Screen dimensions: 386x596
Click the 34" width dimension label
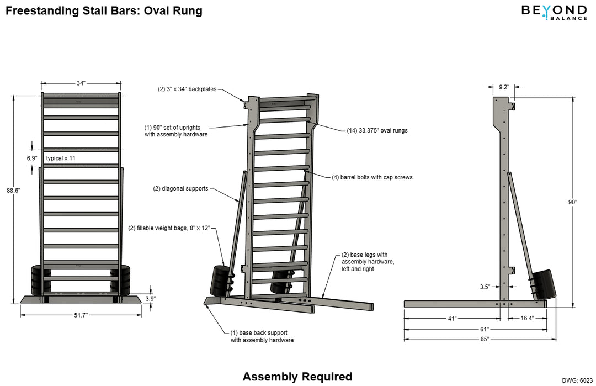(81, 83)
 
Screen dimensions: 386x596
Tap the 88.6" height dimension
(13, 191)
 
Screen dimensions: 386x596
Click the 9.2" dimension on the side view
(503, 87)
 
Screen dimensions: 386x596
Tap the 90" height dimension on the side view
(573, 203)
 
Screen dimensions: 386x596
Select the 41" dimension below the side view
(452, 319)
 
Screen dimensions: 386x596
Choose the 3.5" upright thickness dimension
(486, 287)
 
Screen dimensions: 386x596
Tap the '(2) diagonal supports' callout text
(180, 188)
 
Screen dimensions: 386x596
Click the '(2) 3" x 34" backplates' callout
(187, 88)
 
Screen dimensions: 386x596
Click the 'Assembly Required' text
(297, 377)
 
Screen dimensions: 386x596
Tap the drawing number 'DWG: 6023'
(577, 380)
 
